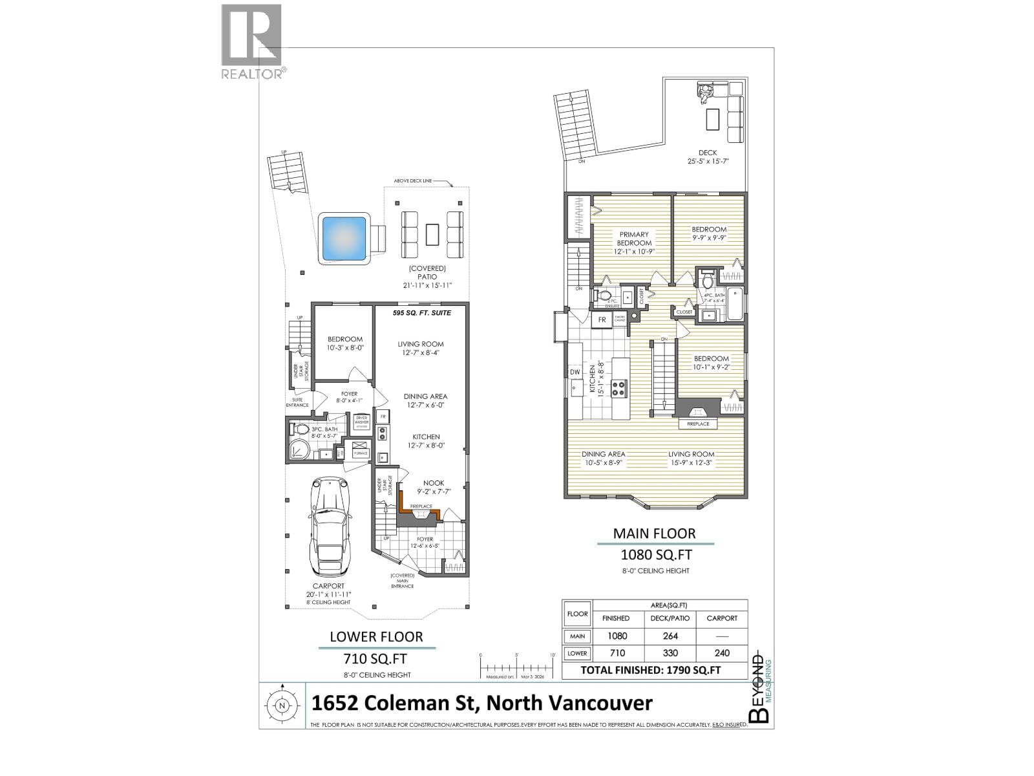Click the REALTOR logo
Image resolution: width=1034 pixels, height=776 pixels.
coord(252,41)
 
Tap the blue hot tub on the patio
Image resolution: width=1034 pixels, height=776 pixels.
coord(344,237)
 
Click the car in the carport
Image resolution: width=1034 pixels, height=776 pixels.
coord(330,527)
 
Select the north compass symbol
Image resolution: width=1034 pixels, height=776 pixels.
coord(282,706)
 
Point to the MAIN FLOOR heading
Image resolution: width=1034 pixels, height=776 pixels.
coord(654,534)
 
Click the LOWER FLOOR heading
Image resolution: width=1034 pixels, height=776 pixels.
coord(376,637)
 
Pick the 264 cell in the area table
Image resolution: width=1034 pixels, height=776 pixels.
coord(670,636)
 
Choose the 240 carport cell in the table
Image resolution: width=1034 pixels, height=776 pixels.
coord(721,653)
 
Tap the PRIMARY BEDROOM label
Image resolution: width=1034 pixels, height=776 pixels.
coord(634,239)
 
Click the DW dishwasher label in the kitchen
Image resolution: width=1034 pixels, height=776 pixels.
coord(575,372)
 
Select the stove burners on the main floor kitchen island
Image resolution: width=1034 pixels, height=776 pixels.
coord(619,389)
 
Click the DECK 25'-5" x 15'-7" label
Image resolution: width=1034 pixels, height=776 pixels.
coord(707,157)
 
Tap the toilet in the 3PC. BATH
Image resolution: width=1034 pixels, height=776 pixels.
coord(301,429)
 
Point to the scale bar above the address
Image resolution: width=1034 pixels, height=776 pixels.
coord(517,666)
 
